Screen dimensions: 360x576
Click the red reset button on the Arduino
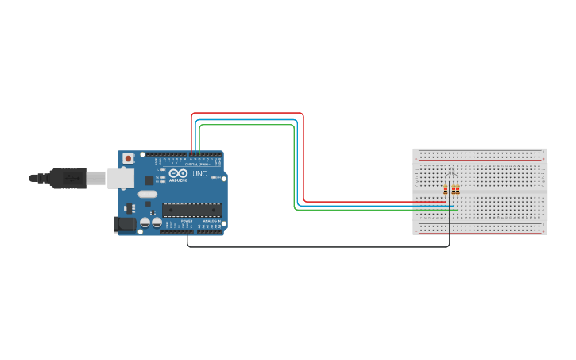click(x=129, y=159)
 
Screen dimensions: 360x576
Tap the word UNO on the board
click(x=199, y=173)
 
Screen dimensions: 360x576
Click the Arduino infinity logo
click(x=177, y=173)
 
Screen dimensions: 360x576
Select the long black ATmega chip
click(x=192, y=210)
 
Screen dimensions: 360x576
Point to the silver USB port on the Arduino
click(x=120, y=178)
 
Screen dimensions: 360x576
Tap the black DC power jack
click(x=125, y=225)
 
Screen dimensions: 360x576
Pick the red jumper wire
click(x=303, y=159)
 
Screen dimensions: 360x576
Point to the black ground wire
click(x=318, y=247)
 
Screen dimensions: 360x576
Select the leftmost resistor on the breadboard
click(x=445, y=189)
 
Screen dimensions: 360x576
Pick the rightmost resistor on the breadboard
click(x=458, y=189)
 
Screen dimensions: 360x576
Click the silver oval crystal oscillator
click(x=148, y=194)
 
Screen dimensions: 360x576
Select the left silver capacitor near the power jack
click(x=145, y=223)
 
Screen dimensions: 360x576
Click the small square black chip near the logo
click(x=149, y=180)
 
